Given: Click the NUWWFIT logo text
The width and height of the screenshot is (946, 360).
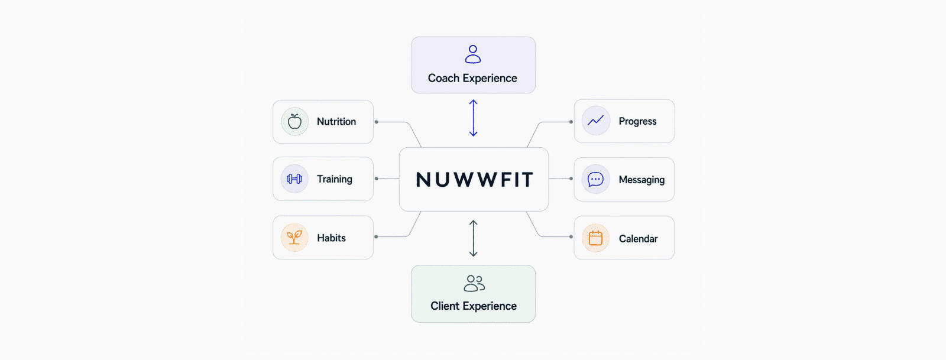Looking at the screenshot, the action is [x=474, y=179].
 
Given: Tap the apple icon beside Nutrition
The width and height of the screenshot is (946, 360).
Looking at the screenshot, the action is [x=294, y=122].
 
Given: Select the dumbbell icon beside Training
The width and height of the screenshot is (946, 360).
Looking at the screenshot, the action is [x=294, y=179].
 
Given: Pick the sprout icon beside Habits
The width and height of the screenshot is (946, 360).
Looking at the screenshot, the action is [x=294, y=237].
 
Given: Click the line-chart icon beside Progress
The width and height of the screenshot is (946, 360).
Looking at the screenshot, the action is [x=595, y=121].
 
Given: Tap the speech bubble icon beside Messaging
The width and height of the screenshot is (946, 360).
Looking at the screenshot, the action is [x=595, y=179].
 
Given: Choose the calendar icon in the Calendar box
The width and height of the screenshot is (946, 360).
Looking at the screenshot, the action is [x=595, y=238].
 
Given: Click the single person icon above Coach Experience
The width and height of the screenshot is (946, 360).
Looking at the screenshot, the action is [x=473, y=54].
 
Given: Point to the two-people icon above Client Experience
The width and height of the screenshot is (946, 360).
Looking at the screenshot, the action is [x=474, y=283].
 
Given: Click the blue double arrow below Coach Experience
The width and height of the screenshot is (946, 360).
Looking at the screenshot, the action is [x=474, y=118].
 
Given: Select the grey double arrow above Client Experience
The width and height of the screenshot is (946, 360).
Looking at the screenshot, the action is [x=474, y=238].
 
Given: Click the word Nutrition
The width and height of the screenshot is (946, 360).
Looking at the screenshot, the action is [x=336, y=122].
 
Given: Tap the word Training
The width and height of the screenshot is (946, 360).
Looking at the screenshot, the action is [x=335, y=179].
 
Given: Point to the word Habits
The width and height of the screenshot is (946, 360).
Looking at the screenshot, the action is [x=331, y=238].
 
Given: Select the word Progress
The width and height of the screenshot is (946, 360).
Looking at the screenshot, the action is [x=637, y=122].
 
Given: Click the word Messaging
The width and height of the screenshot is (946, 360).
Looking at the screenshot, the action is [x=642, y=180].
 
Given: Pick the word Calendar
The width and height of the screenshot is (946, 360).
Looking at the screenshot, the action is [x=638, y=239].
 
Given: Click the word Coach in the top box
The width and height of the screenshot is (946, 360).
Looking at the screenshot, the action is [x=443, y=79].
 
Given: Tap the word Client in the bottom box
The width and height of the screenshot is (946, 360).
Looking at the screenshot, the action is [x=444, y=306].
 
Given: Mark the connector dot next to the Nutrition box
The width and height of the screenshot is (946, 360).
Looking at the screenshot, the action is [x=376, y=122].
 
